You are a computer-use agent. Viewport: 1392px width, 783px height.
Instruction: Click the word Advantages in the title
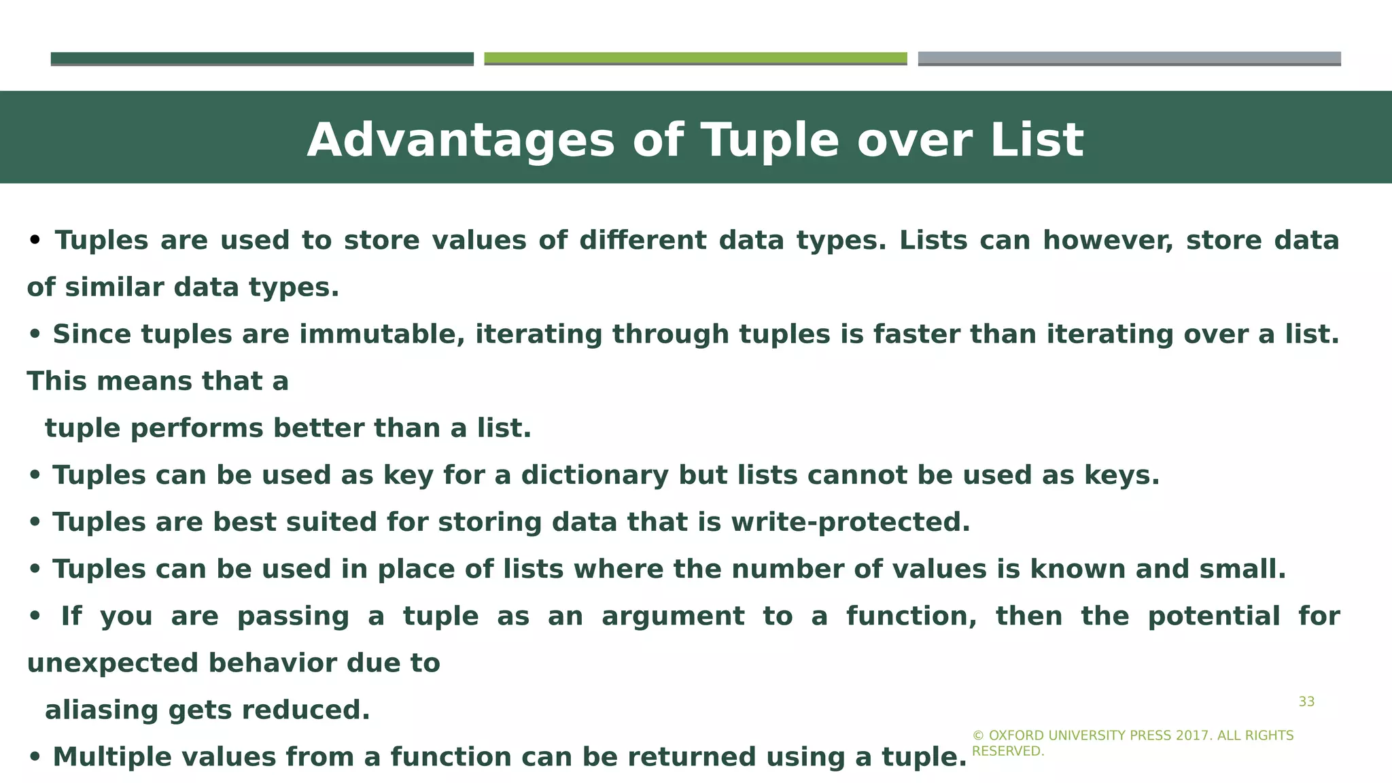pos(460,141)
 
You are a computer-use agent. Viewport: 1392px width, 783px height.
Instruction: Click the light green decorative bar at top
pos(695,58)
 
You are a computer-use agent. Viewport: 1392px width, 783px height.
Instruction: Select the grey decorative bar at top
pos(1129,58)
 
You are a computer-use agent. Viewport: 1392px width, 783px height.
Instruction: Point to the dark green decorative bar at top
pos(262,58)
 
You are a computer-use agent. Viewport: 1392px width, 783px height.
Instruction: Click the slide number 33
pos(1306,702)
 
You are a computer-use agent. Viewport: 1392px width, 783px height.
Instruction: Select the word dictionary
pos(595,475)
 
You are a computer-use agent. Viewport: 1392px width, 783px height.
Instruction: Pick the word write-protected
pos(850,522)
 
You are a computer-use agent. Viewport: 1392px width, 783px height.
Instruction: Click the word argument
pos(673,616)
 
